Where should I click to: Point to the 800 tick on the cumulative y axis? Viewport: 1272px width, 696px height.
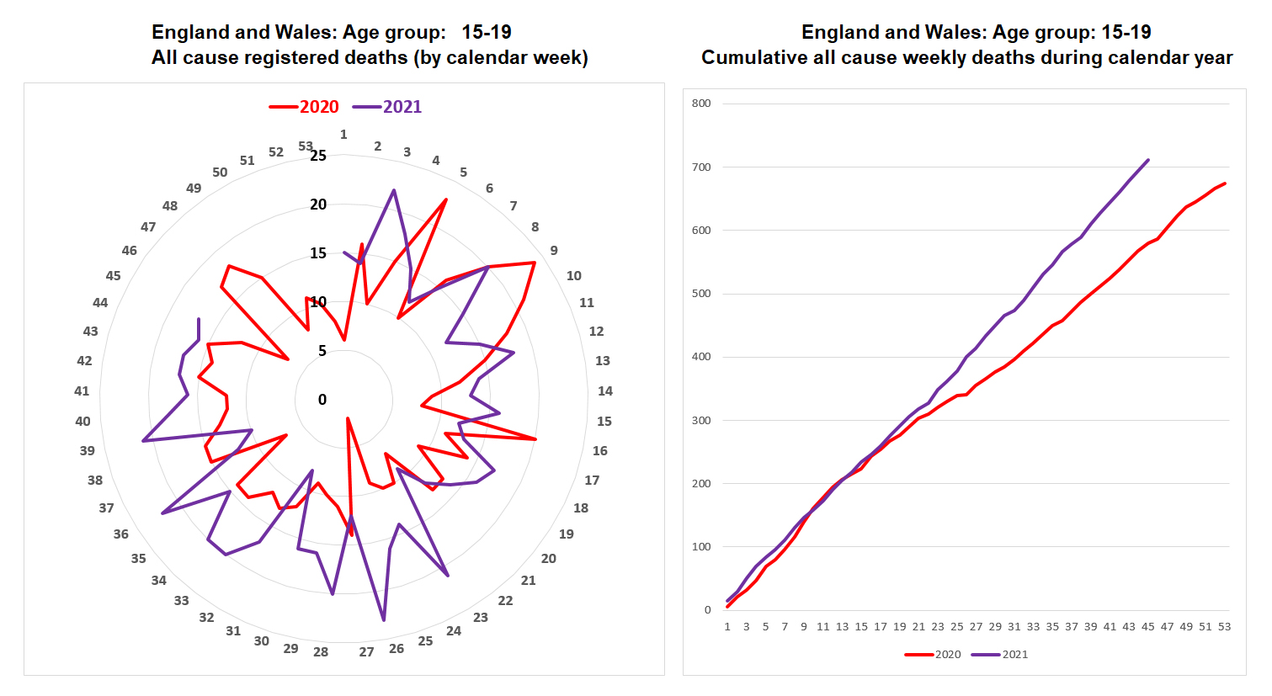point(701,104)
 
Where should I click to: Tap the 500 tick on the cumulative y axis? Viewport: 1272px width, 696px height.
point(701,294)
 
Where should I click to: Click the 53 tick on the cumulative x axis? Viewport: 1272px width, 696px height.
point(1224,626)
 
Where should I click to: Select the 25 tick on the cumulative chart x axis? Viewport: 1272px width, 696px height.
point(957,626)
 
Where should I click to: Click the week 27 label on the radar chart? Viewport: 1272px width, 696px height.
point(366,651)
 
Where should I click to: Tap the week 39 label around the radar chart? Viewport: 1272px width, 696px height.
point(87,451)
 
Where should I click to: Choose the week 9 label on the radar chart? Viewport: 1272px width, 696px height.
point(554,250)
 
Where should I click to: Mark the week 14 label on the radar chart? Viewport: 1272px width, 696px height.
point(605,391)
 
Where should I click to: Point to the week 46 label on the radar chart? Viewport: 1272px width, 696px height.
point(129,250)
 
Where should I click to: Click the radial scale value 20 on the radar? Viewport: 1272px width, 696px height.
point(318,205)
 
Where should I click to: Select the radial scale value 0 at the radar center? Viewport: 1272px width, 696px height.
point(322,400)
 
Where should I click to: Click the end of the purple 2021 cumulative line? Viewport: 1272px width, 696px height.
point(1148,160)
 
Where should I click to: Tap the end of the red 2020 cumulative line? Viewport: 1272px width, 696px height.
point(1225,183)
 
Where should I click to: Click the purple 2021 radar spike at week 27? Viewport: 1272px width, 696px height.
point(384,620)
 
